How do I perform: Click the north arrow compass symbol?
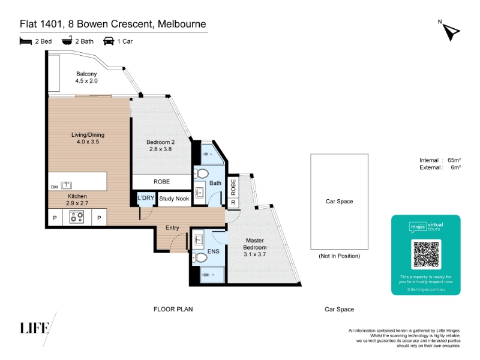click(451, 32)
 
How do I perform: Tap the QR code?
click(426, 254)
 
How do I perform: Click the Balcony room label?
click(86, 77)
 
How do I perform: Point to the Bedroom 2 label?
click(160, 146)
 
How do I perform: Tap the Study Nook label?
click(174, 199)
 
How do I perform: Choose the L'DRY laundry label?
click(146, 199)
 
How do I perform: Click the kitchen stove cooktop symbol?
click(77, 218)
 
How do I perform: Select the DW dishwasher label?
click(54, 187)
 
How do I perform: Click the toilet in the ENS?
click(201, 257)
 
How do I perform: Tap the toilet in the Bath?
click(202, 174)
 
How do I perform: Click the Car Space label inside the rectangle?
click(339, 202)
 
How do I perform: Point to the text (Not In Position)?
click(340, 256)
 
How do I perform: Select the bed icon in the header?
click(25, 41)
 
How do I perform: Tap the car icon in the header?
click(109, 41)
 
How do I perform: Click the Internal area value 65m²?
click(454, 160)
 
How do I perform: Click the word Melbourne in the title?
click(182, 24)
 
